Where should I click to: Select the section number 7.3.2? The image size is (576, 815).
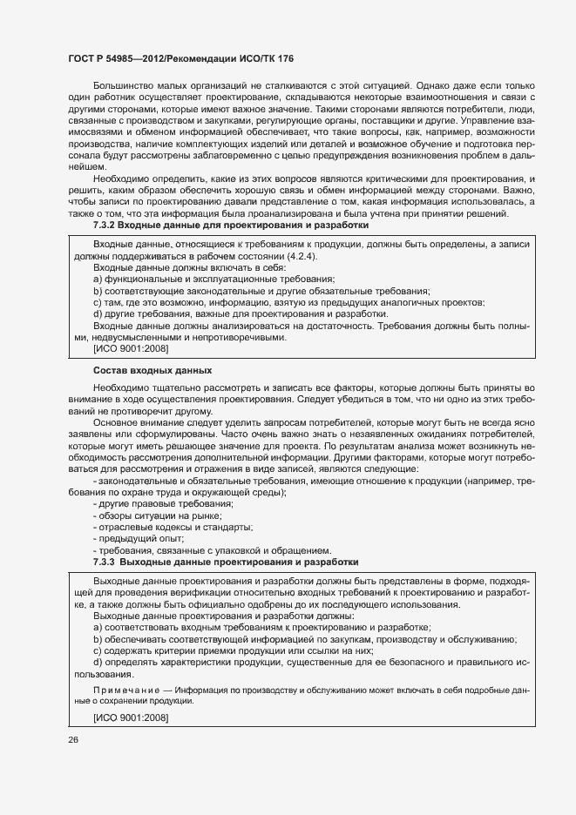coord(107,226)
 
